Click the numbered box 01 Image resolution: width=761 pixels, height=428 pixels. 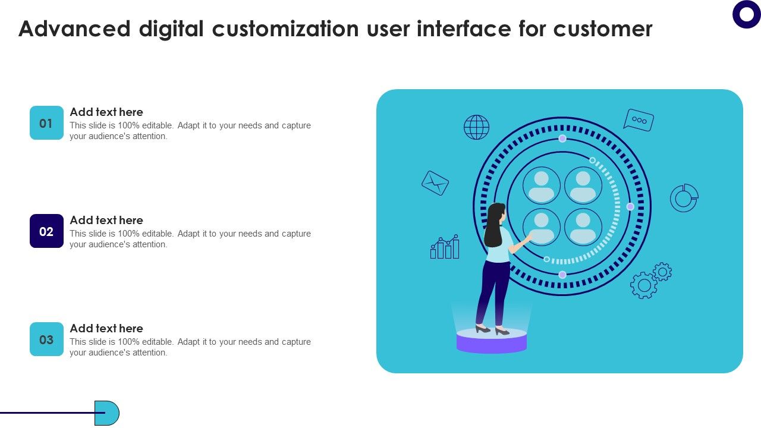tap(46, 123)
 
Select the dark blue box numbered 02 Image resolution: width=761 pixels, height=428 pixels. tap(46, 231)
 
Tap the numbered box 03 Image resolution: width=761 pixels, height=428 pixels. tap(46, 339)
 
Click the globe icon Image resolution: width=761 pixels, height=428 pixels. tap(476, 127)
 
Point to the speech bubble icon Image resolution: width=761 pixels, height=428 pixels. tap(639, 119)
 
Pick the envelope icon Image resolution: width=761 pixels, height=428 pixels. tap(435, 183)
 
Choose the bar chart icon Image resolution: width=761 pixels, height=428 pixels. tap(445, 247)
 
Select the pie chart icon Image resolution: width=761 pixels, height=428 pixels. tap(684, 198)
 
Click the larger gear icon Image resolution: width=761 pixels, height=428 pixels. tap(644, 285)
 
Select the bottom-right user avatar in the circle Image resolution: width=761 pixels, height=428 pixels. tap(583, 227)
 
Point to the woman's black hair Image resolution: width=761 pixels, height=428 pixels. tap(494, 226)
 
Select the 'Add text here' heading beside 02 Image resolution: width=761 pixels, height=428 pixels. tap(106, 220)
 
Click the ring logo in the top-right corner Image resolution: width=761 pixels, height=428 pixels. tap(747, 14)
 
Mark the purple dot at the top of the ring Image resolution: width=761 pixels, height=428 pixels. tap(562, 139)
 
